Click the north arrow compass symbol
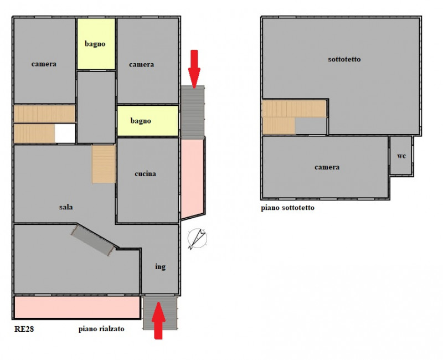click(197, 239)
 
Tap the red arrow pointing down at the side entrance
click(194, 69)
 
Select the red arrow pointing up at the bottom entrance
click(158, 321)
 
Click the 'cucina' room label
click(145, 173)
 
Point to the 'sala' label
click(66, 207)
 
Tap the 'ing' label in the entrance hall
click(160, 266)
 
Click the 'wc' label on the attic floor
click(401, 156)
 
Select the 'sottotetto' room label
click(344, 59)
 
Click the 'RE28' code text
click(24, 329)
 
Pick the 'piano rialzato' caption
click(101, 329)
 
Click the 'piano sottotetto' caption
click(287, 208)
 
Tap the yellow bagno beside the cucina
click(148, 121)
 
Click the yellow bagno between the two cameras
click(96, 44)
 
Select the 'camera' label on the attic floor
click(327, 167)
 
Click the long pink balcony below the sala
click(77, 307)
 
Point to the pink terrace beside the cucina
click(192, 178)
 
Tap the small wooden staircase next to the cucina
click(104, 164)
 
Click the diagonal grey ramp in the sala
click(94, 240)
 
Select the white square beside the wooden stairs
click(65, 133)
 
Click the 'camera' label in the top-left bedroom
click(44, 64)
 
